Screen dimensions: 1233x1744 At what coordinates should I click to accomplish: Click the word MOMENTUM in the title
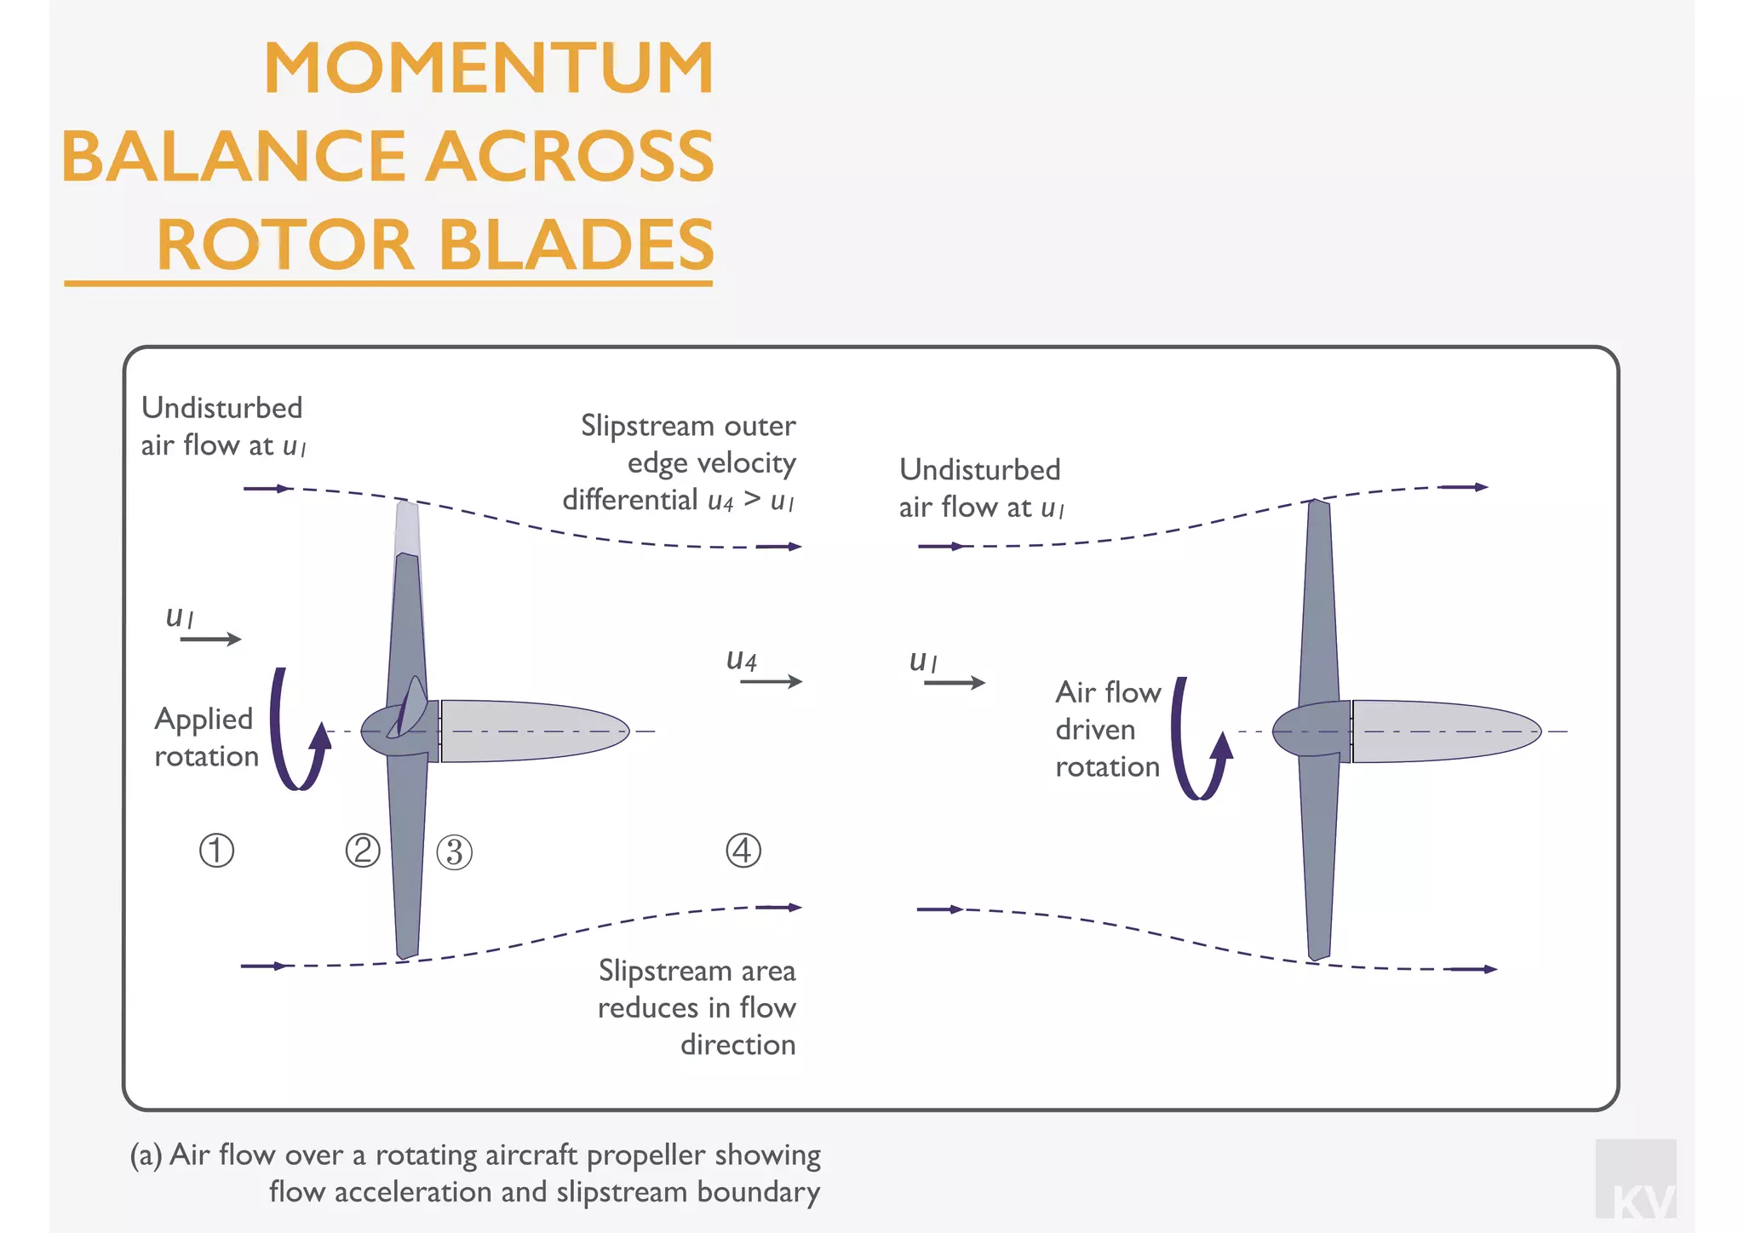pos(489,68)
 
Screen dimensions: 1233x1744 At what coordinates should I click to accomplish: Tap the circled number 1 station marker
pos(216,851)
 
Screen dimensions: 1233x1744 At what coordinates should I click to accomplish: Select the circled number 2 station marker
pos(363,851)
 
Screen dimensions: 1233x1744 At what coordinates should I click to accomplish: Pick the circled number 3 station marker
pos(454,852)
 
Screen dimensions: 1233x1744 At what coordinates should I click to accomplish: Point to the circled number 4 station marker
pos(743,851)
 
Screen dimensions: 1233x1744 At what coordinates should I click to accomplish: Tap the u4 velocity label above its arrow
pos(741,660)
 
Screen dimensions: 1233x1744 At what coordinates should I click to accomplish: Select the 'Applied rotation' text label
pos(205,737)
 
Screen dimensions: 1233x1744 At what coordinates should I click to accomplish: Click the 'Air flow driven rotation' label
pos(1107,730)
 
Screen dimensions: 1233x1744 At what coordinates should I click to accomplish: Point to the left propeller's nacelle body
pos(532,731)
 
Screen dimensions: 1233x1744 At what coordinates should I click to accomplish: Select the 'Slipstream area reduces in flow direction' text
pos(697,1007)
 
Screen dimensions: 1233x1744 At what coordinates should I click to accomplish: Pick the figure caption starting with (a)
pos(475,1173)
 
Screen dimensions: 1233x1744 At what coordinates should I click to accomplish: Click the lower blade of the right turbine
pos(1318,860)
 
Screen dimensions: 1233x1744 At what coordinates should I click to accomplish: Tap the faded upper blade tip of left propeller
pos(407,528)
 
